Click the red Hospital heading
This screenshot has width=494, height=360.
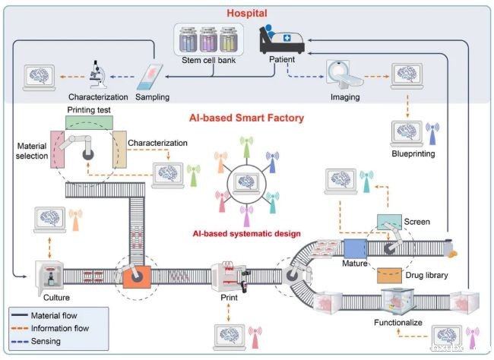(x=247, y=13)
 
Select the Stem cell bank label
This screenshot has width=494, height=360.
(x=208, y=60)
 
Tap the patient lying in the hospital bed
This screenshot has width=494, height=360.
(x=282, y=39)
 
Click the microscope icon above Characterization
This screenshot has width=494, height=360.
(x=98, y=74)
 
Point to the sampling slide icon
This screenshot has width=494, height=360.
(x=150, y=77)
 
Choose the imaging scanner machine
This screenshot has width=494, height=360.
(x=344, y=76)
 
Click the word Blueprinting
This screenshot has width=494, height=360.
(x=413, y=153)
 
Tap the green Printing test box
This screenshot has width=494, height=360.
(x=89, y=122)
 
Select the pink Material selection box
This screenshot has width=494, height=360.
(x=57, y=150)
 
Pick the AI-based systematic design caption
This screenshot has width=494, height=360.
(x=247, y=234)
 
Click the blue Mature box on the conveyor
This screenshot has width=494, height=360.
(x=356, y=249)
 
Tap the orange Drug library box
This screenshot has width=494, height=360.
(x=389, y=276)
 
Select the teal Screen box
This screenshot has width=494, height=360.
(x=389, y=222)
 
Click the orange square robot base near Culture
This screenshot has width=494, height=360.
(x=137, y=277)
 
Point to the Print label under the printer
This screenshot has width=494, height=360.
(x=229, y=297)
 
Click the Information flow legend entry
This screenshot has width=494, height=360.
(x=50, y=328)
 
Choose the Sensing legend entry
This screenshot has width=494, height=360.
(x=36, y=341)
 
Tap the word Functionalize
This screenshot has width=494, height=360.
(x=398, y=323)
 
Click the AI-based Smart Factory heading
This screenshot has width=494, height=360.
(x=247, y=118)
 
